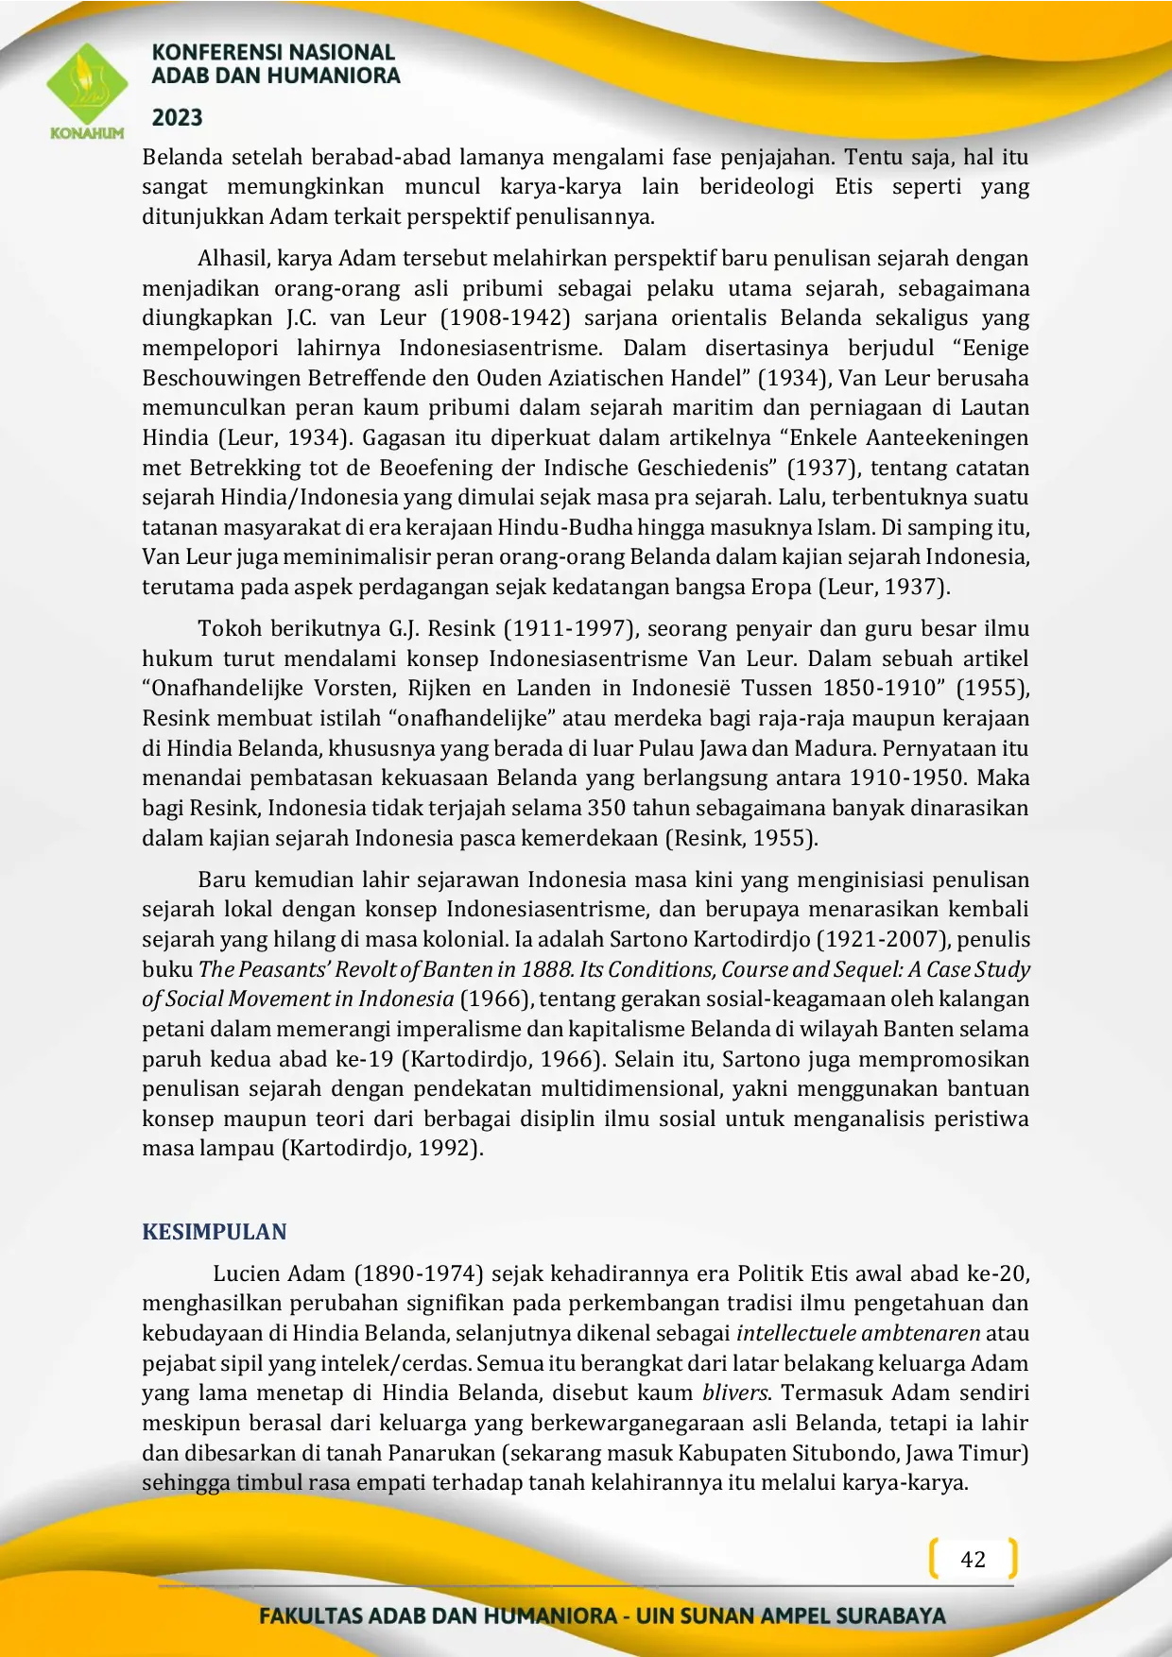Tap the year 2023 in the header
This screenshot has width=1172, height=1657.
tap(178, 118)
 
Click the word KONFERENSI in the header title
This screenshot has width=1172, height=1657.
tap(206, 53)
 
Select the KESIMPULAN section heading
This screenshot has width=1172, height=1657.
tap(215, 1232)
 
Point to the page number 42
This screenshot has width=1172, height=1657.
tap(973, 1560)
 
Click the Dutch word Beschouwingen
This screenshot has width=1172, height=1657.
tap(221, 378)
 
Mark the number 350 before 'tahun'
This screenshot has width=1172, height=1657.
tap(606, 809)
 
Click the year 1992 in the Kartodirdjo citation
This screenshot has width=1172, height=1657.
tap(449, 1149)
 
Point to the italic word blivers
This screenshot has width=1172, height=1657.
tap(735, 1393)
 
